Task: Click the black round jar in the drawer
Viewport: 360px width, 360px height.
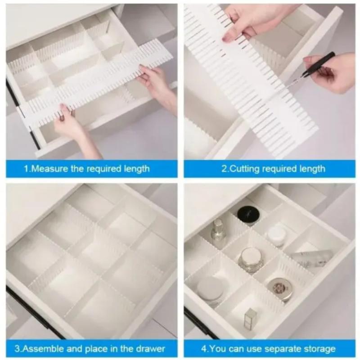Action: click(248, 213)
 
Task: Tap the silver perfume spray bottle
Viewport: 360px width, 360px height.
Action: click(217, 231)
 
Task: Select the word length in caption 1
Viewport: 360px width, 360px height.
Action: click(137, 169)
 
